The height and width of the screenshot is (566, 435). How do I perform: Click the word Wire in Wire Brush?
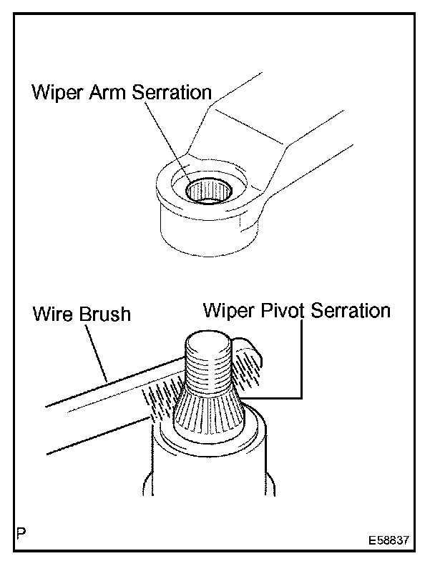[x=52, y=314]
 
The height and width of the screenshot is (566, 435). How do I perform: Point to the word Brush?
[x=105, y=314]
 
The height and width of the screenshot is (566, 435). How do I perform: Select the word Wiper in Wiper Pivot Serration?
[x=225, y=310]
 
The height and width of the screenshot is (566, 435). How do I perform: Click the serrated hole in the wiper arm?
[x=207, y=191]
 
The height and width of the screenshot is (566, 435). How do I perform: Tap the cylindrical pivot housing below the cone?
[x=207, y=472]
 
